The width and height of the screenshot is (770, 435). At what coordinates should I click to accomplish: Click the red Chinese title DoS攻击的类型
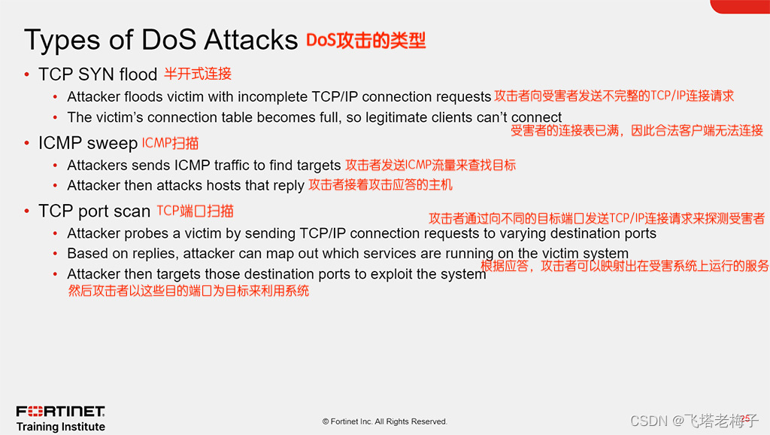coord(366,41)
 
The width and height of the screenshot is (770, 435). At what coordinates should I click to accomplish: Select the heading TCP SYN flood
coord(98,75)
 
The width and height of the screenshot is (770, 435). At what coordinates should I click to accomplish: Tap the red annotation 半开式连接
coord(198,74)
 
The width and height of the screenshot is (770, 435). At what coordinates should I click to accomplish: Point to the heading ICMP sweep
coord(88,143)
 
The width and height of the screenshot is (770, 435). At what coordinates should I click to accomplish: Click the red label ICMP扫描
coord(171,143)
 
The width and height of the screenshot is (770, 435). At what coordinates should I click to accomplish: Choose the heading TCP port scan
coord(94,211)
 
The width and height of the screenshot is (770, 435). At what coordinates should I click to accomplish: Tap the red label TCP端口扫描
coord(195,211)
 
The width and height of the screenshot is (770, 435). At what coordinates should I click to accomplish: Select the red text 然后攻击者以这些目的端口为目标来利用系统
coord(189,291)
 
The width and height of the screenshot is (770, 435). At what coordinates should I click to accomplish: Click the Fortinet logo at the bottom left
coord(60,412)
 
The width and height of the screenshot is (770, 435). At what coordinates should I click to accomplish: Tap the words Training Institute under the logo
coord(61,427)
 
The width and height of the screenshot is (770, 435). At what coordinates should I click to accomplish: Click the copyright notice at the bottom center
coord(384,421)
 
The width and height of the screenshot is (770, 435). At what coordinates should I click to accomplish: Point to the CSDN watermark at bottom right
coord(694,421)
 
